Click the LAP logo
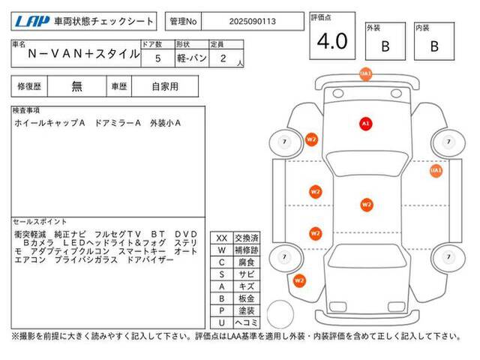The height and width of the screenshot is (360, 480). tap(31, 21)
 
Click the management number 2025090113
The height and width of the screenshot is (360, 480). tap(253, 22)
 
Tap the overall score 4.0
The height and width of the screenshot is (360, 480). tap(332, 41)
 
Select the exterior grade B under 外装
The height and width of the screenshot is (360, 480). tap(385, 46)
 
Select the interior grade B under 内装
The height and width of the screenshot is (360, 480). tap(434, 46)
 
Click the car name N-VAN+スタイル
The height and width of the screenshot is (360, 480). tap(83, 54)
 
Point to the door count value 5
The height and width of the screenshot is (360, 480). tap(157, 58)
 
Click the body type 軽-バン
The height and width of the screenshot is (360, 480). tap(192, 58)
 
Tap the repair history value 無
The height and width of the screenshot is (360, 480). tap(76, 86)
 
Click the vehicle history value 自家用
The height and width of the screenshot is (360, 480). tap(165, 87)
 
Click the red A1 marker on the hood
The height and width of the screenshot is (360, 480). tap(365, 124)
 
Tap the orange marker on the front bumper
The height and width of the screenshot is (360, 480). tap(365, 74)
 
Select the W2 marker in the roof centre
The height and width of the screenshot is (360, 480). tap(367, 205)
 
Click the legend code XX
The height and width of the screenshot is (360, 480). tap(222, 238)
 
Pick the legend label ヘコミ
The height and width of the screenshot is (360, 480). tap(247, 322)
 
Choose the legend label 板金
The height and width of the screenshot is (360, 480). tap(247, 298)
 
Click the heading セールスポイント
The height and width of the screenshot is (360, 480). tap(40, 222)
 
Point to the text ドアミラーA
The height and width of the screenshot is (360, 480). tap(118, 123)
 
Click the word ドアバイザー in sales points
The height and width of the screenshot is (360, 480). tap(150, 260)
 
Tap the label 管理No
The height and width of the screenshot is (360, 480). tap(183, 22)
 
